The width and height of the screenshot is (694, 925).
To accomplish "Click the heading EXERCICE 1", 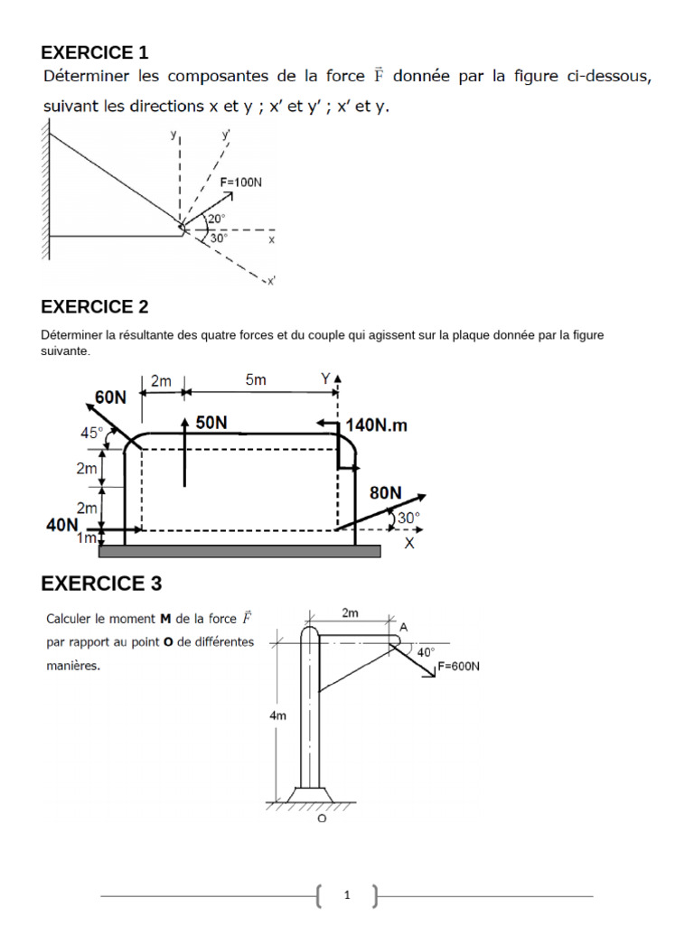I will coord(95,51).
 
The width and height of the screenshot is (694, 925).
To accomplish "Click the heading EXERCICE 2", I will coord(95,306).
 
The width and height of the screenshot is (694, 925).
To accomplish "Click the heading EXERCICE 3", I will coord(101,584).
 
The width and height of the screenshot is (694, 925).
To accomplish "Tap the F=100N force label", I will coord(241,182).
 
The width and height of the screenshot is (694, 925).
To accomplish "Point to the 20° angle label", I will coord(216,219).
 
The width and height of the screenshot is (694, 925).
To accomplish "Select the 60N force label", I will coord(111,396).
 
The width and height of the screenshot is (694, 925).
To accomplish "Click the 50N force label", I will coord(211,422).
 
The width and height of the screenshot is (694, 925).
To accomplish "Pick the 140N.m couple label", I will coord(377,425).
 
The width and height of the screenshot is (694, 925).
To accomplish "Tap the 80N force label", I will coord(385,492).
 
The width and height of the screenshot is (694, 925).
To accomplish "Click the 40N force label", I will coord(61,524).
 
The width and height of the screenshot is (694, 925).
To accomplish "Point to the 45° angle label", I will coord(92,433).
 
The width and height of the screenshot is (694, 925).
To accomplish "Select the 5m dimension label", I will coord(256,380).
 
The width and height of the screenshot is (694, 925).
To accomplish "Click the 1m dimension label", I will coord(87,538).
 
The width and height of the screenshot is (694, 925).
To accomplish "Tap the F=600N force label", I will coord(458,668).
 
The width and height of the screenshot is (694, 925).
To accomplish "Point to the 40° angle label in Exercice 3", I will coord(426,650).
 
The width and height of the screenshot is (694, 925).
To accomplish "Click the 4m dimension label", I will coord(278,715).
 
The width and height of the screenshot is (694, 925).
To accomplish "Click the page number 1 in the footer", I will coord(347,895).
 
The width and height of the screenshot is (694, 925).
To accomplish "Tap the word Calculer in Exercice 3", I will coord(70,620).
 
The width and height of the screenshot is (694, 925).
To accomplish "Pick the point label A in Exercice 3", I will coord(403,626).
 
